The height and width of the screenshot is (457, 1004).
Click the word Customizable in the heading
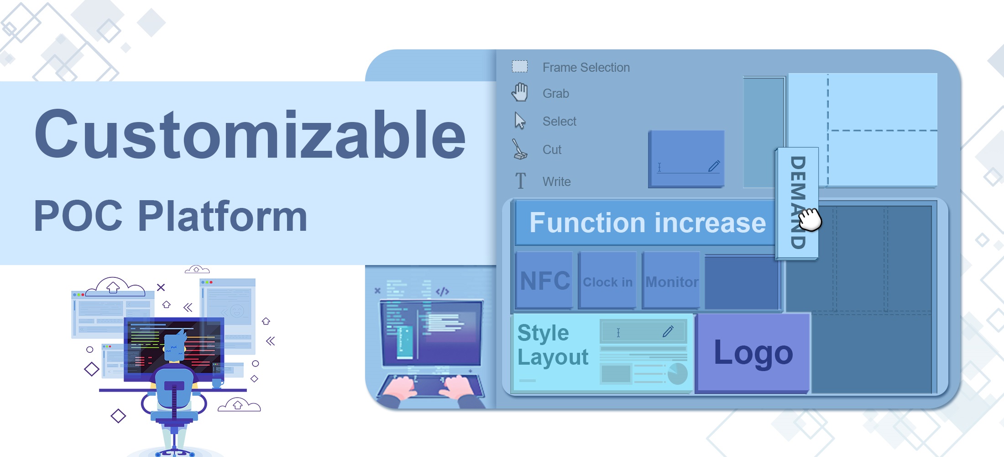[250, 134]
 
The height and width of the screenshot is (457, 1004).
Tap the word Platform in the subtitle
[222, 216]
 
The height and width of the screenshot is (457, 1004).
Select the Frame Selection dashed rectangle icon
[520, 67]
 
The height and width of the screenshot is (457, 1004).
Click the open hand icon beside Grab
[520, 92]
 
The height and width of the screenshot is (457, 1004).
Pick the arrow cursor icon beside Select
[520, 121]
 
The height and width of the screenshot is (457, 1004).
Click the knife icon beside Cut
[519, 149]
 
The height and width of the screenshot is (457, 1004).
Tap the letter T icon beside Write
[520, 181]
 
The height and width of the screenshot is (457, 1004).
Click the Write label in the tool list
[556, 181]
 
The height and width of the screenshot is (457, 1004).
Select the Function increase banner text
[648, 223]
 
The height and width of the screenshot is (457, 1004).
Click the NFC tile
[544, 280]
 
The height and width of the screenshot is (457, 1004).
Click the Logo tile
[753, 353]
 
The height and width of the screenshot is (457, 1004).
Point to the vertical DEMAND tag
[797, 203]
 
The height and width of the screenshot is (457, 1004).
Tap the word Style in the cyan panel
[543, 333]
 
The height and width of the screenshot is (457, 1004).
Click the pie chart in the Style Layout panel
[677, 373]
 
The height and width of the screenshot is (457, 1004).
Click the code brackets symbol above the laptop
[442, 292]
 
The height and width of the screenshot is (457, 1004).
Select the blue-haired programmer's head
[174, 346]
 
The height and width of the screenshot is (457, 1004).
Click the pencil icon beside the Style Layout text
[668, 331]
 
